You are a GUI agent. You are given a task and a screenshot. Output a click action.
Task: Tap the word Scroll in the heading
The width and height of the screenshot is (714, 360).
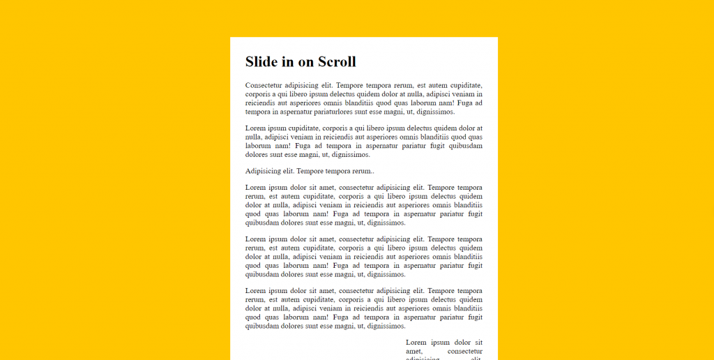[337, 62]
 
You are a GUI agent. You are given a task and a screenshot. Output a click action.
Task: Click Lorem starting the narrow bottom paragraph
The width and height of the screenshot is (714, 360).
[416, 343]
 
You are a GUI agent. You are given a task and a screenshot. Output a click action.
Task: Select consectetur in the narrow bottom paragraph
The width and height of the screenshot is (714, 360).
[464, 351]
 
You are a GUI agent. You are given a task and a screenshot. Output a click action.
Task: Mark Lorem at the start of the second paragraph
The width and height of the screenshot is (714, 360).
[255, 128]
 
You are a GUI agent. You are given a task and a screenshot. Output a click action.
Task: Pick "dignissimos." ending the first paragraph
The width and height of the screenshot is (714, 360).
[434, 112]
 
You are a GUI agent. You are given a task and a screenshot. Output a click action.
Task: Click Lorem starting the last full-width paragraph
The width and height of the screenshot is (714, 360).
[255, 291]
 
